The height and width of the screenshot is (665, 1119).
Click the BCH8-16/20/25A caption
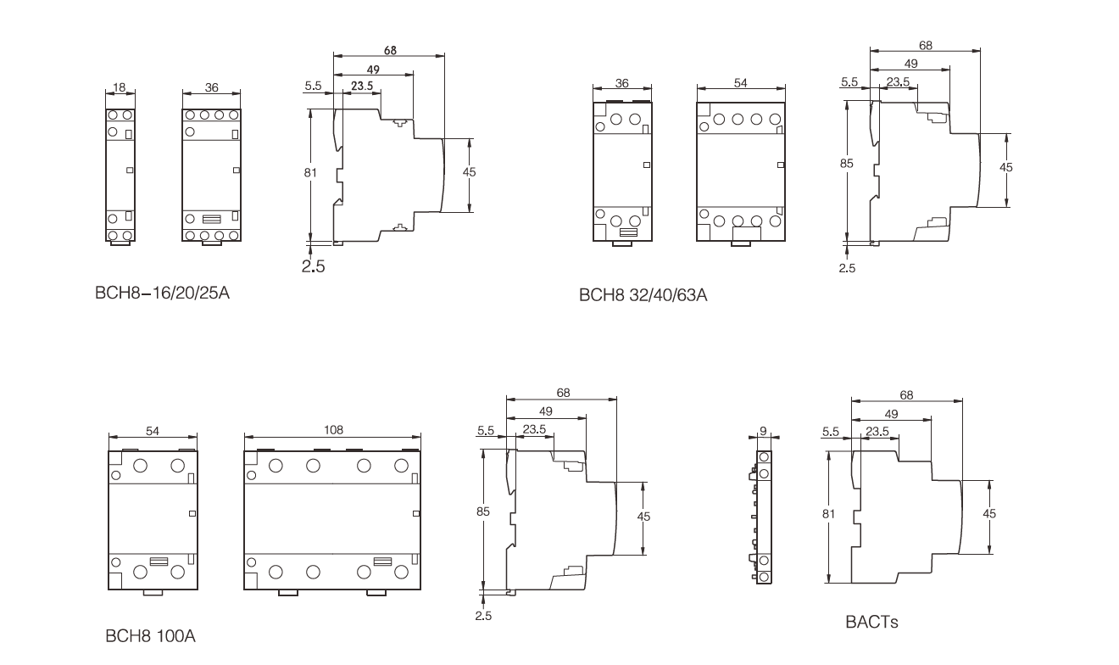pos(162,293)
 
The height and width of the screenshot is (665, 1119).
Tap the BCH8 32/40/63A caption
pos(643,295)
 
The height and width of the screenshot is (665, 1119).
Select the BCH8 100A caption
pos(150,636)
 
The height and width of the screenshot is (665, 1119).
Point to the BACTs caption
pos(871,622)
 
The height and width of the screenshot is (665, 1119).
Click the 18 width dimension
pos(119,87)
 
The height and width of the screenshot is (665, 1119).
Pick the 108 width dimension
pos(333,430)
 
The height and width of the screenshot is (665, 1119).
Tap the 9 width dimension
pos(763,431)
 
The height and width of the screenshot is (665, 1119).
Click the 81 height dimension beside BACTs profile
pos(829,513)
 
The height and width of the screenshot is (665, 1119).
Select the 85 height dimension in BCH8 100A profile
pos(483,511)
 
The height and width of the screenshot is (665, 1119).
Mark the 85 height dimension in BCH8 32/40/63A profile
pos(847,164)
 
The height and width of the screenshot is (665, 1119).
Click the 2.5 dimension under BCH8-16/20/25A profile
pos(313,266)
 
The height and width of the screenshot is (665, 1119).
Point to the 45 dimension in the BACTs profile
pos(989,513)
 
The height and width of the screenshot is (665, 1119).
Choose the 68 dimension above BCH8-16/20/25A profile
pos(390,51)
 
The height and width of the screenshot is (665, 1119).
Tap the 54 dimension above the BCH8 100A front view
pos(153,431)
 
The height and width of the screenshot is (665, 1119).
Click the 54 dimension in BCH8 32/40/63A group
pos(740,83)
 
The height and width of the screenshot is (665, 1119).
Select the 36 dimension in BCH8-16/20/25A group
pos(212,87)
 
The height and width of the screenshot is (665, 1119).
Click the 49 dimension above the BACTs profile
pos(891,414)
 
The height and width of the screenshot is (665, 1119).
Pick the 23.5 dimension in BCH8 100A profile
pos(534,429)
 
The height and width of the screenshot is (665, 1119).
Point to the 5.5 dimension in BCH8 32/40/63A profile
pos(849,82)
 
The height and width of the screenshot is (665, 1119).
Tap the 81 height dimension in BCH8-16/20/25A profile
pos(310,172)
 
